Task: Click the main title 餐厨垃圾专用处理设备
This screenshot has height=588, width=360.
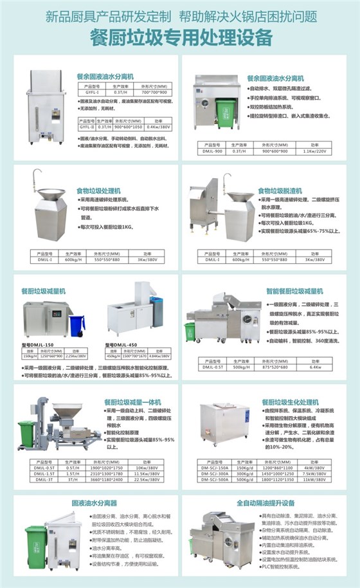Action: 179,35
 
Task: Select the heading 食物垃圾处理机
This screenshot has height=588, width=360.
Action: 98,191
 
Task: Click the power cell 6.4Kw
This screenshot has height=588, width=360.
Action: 314,367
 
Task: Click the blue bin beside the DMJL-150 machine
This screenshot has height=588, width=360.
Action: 76,326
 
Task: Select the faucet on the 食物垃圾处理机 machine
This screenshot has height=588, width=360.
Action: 37,178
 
